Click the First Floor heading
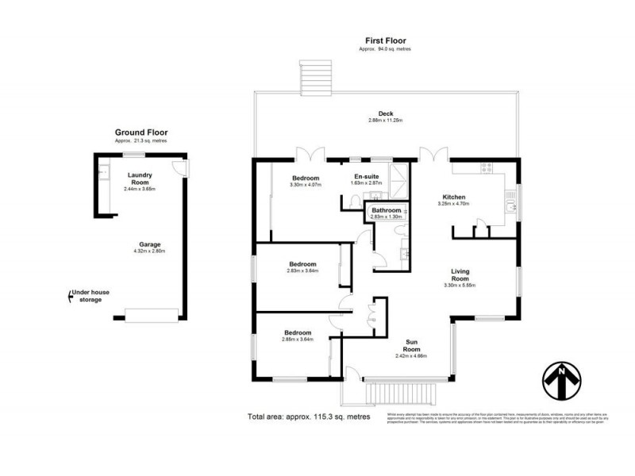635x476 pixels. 386,40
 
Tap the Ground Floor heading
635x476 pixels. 141,132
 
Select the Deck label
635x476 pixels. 386,113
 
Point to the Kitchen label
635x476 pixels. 454,197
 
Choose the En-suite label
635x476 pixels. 366,176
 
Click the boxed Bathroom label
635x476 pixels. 387,210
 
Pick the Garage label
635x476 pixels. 149,244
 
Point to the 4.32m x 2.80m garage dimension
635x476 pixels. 149,251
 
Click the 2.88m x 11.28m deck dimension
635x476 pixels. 386,121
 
